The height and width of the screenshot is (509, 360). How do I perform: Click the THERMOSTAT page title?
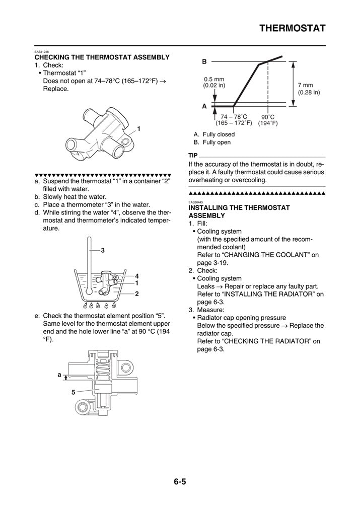293,28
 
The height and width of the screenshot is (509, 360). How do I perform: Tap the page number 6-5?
180,481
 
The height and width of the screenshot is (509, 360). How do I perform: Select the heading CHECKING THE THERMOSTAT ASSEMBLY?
102,57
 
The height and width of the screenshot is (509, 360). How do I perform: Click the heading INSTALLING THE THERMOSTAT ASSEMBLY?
239,211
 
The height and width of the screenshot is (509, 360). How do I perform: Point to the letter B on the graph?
204,61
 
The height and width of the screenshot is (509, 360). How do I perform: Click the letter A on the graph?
204,107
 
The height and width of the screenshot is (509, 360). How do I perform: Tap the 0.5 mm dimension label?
214,79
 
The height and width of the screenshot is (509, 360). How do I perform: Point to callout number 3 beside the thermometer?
102,250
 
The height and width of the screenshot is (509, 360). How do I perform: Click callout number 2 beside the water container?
136,293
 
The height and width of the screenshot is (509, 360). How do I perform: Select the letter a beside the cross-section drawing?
59,375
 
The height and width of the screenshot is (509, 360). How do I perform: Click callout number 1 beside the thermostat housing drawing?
138,129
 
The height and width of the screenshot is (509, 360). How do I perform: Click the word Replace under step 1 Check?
55,89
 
